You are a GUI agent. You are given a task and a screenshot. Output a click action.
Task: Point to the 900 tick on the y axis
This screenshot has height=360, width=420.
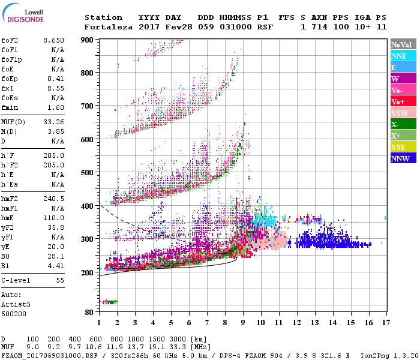(x=88, y=40)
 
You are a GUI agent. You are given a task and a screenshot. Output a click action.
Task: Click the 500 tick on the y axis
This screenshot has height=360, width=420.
(x=88, y=173)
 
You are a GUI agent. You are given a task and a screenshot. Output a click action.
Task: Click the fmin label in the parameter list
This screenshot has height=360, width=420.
(x=10, y=107)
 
